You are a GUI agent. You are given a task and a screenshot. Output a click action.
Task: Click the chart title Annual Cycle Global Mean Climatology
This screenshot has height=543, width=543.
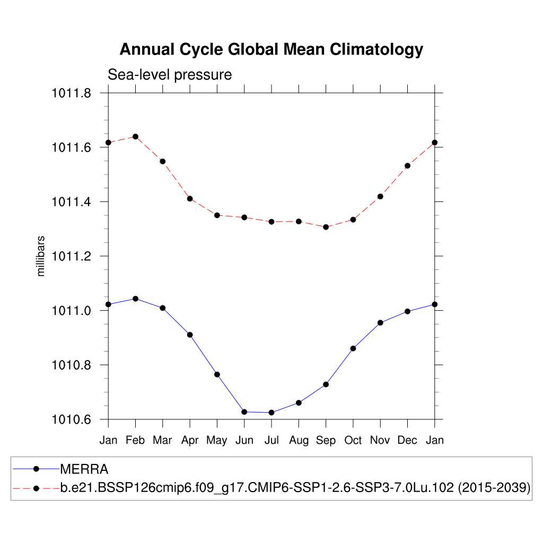[271, 49]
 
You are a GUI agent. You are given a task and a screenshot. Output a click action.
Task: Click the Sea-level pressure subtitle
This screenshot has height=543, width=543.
[170, 75]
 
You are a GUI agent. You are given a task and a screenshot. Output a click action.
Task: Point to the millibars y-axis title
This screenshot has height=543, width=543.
[41, 256]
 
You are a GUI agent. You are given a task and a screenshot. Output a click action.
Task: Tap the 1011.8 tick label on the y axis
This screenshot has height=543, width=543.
[71, 93]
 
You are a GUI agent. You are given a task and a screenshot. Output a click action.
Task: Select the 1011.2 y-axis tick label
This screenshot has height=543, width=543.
[71, 257]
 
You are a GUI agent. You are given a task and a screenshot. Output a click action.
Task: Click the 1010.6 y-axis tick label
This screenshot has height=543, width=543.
[71, 420]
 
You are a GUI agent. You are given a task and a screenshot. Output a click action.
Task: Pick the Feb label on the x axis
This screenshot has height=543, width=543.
[135, 440]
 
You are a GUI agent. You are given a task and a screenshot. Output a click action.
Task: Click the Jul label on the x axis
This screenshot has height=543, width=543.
[271, 440]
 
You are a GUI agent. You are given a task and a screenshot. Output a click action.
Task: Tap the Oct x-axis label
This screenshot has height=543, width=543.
[353, 440]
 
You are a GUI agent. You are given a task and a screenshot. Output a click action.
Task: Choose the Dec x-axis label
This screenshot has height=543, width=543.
[407, 440]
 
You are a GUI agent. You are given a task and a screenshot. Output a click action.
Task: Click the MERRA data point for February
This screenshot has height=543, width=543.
[135, 299]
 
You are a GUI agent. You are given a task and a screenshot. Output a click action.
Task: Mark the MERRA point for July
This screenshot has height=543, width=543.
[271, 413]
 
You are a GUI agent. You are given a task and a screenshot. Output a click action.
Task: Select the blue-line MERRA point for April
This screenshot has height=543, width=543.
[190, 335]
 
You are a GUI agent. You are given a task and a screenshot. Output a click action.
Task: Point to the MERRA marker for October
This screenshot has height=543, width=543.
[353, 348]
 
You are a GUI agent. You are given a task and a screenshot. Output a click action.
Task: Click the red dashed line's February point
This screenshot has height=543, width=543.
[135, 137]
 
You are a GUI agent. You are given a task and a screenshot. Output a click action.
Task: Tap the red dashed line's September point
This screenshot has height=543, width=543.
[326, 227]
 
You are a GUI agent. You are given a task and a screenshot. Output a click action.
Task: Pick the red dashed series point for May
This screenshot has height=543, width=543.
[217, 215]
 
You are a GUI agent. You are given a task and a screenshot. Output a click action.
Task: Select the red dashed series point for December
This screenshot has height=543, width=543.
[407, 165]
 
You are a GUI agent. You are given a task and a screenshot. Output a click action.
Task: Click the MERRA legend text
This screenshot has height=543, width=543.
[84, 469]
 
